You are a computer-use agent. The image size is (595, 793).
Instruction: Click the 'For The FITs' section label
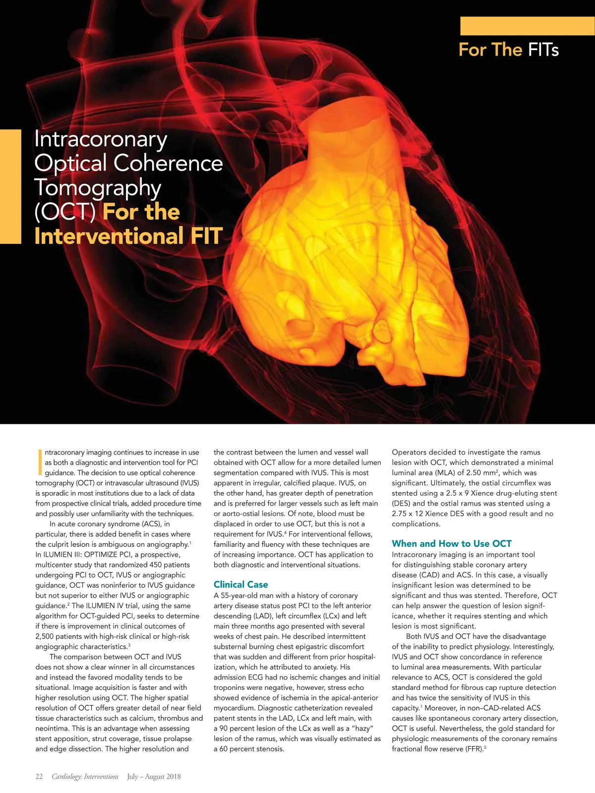[508, 50]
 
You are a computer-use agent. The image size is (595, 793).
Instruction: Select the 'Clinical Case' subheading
[240, 584]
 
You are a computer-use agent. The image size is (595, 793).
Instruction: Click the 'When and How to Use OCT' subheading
[451, 543]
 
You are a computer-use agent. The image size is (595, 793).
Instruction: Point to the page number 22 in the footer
[39, 777]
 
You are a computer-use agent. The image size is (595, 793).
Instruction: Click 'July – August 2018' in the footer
[154, 777]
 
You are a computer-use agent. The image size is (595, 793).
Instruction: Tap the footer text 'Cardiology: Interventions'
[85, 777]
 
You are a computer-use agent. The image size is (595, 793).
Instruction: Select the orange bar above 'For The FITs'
[527, 26]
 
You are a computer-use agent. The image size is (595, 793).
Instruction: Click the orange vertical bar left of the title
[10, 186]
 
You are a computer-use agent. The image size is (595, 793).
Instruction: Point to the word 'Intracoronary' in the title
[101, 139]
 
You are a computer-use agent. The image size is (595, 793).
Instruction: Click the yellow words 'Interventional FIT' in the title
[128, 236]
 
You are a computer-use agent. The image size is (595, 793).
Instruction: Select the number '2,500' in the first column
[46, 636]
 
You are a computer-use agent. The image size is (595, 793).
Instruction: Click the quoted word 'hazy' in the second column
[357, 728]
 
